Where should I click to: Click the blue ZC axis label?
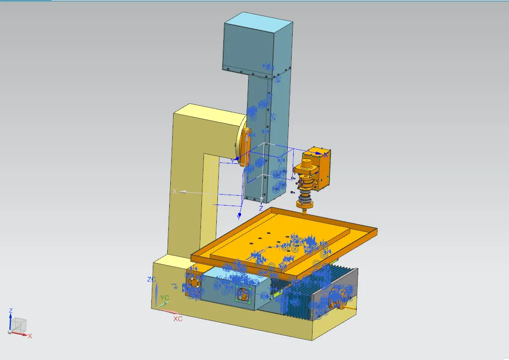pyautogui.click(x=152, y=280)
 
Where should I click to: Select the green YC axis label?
pyautogui.click(x=165, y=297)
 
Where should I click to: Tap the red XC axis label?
pyautogui.click(x=178, y=319)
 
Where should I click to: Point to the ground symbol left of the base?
pyautogui.click(x=175, y=286)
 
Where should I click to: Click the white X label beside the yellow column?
pyautogui.click(x=175, y=191)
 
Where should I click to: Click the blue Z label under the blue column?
pyautogui.click(x=261, y=208)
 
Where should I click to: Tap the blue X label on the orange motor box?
pyautogui.click(x=326, y=155)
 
